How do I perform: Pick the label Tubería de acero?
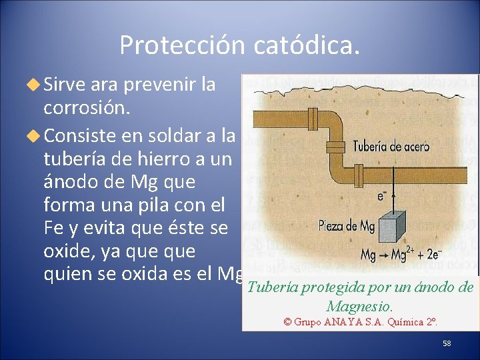point(391,146)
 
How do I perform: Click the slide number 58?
point(447,343)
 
